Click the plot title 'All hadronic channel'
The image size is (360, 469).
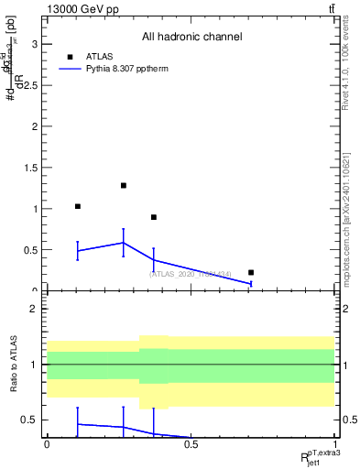pos(191,38)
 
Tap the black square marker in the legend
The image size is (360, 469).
pos(70,56)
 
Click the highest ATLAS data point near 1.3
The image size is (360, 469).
pos(123,186)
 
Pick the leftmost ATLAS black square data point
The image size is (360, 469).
pos(78,207)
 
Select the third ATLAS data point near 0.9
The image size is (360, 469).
pos(154,217)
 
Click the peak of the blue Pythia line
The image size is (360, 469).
pos(123,243)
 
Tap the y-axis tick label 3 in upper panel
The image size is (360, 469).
pos(34,44)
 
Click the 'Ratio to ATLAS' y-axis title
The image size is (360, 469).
pos(13,365)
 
